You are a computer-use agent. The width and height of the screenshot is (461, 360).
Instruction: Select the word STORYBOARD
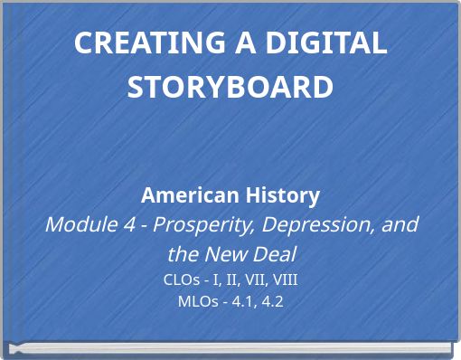(x=230, y=87)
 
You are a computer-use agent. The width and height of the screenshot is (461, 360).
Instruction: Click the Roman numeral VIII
(x=283, y=279)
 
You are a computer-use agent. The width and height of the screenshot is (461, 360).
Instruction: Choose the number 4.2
(x=271, y=301)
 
